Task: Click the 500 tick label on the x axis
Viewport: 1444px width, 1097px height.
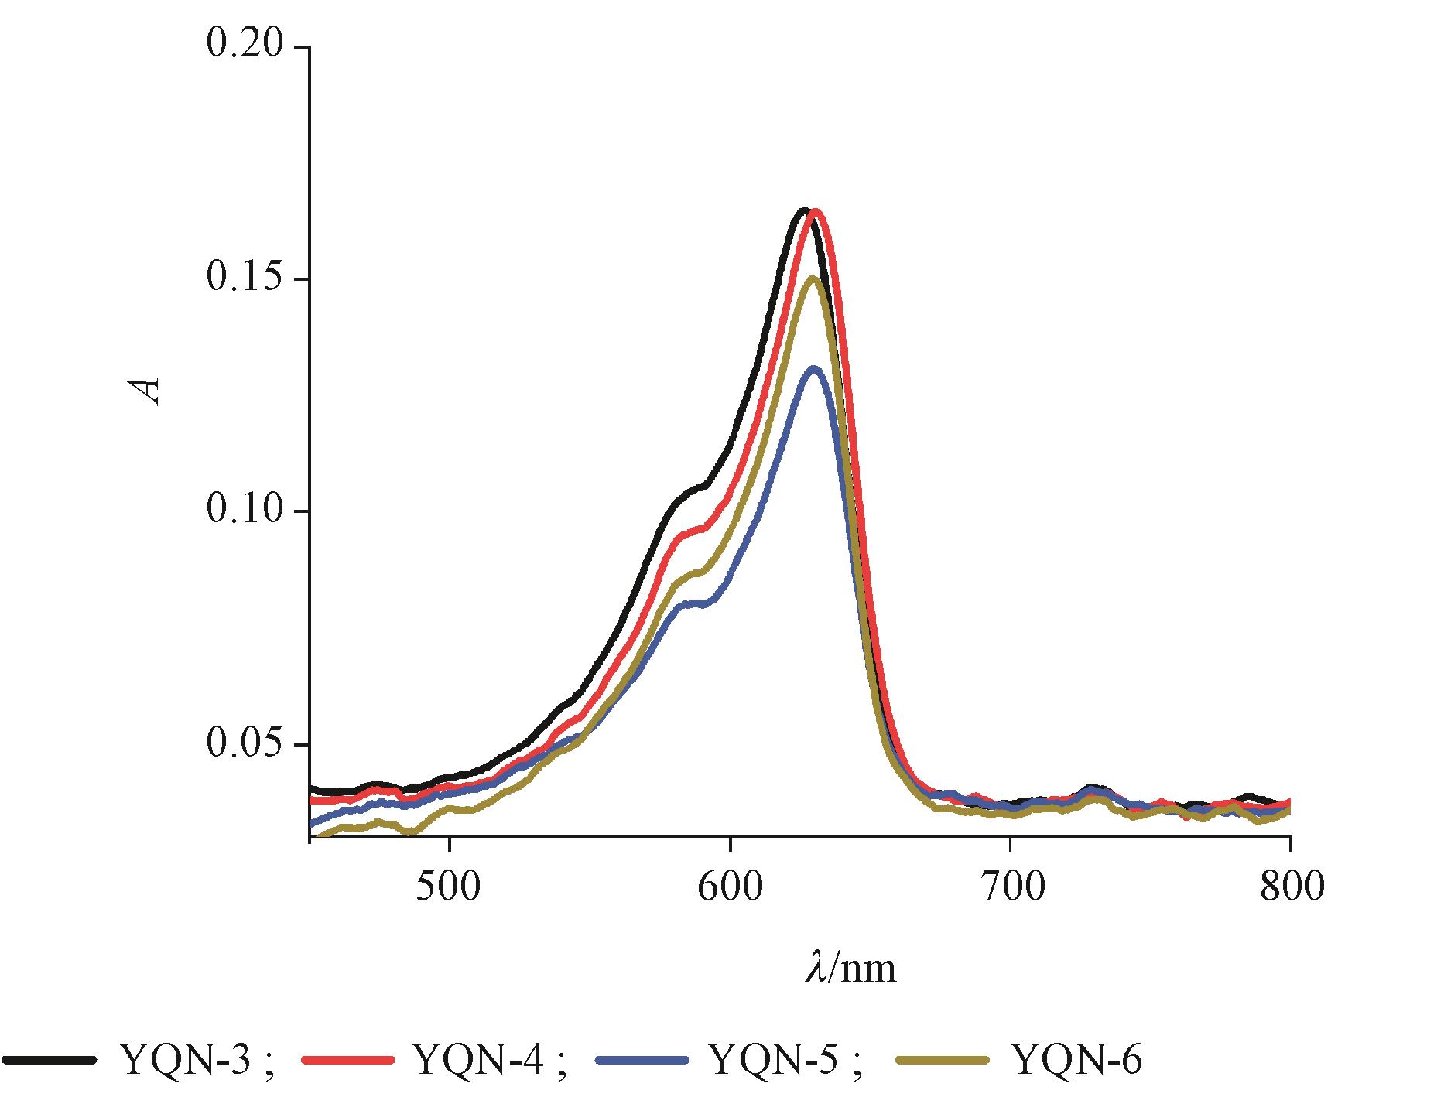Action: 449,887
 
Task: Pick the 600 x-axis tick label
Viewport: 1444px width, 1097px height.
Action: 730,887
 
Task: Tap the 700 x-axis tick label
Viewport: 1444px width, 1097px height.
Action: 1010,887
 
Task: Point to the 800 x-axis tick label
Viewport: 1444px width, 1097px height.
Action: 1290,887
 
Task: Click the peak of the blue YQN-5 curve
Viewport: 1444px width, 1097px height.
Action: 813,369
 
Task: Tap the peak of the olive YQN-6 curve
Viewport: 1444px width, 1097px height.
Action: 813,278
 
